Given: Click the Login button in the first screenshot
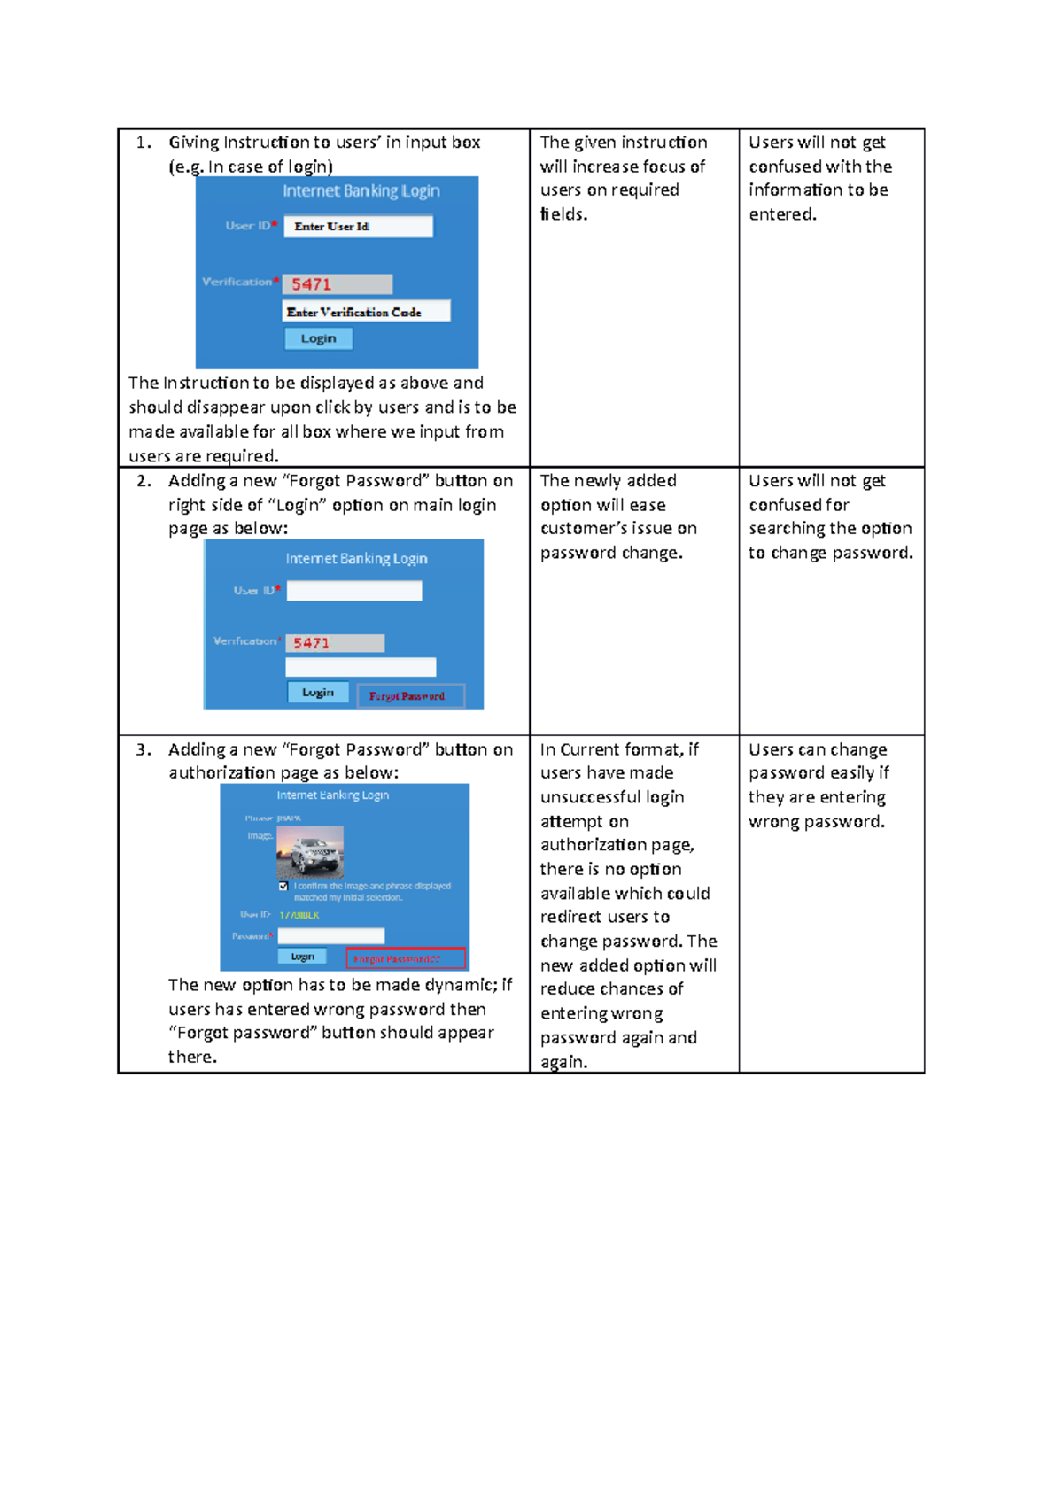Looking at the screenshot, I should click(x=318, y=338).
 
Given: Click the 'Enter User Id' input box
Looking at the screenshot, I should click(x=358, y=227).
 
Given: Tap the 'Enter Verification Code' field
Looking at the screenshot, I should click(x=366, y=312).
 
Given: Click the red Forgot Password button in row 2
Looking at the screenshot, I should click(x=410, y=696).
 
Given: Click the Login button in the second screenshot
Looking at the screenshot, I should click(x=318, y=693).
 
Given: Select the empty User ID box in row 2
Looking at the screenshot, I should click(x=354, y=591).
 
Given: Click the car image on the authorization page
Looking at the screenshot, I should click(x=310, y=851).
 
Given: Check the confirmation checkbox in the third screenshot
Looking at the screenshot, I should click(x=283, y=886).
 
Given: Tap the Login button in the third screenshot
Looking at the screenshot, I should click(x=302, y=957).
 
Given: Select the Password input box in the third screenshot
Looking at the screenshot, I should click(x=331, y=936).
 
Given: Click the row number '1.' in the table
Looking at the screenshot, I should click(x=144, y=143).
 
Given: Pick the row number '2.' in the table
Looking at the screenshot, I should click(x=144, y=481).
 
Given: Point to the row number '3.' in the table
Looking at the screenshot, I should click(x=144, y=749).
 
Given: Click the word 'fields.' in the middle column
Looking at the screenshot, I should click(x=563, y=214).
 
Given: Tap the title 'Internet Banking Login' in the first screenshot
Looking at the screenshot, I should click(x=361, y=191).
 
